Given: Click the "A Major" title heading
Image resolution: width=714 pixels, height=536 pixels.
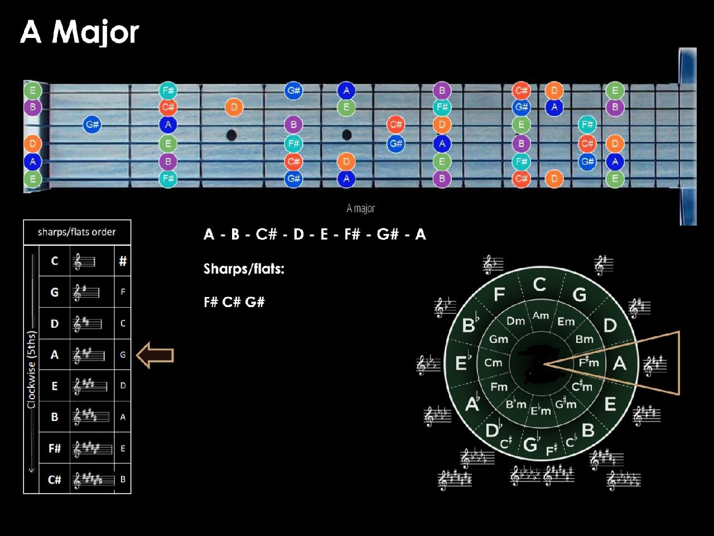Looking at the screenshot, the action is pyautogui.click(x=80, y=32).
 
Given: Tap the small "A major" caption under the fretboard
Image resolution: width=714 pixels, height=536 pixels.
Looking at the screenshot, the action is pyautogui.click(x=360, y=208).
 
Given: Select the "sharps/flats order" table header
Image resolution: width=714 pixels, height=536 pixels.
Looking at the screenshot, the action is pyautogui.click(x=77, y=232).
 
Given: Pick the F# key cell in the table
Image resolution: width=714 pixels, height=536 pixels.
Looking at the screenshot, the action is pyautogui.click(x=55, y=448).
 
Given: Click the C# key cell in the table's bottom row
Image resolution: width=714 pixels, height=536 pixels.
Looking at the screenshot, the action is pyautogui.click(x=54, y=480).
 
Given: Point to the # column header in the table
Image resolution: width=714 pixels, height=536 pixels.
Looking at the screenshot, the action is pyautogui.click(x=123, y=261).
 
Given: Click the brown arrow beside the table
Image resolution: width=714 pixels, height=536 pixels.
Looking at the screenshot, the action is pyautogui.click(x=155, y=355).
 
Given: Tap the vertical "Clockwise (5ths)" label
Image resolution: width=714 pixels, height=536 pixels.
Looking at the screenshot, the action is pyautogui.click(x=32, y=370).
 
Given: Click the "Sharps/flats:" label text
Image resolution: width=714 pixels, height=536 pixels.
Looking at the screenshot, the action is pyautogui.click(x=244, y=269).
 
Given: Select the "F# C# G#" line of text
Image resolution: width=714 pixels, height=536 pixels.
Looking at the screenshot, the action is pyautogui.click(x=234, y=302).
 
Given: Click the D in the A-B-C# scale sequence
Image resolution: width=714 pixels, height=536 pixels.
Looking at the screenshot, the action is pyautogui.click(x=298, y=234).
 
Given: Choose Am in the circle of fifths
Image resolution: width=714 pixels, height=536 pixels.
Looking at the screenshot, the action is pyautogui.click(x=541, y=315).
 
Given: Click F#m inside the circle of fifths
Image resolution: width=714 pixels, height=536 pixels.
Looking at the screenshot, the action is pyautogui.click(x=588, y=362).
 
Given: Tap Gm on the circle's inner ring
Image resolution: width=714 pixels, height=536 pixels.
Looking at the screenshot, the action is pyautogui.click(x=499, y=339).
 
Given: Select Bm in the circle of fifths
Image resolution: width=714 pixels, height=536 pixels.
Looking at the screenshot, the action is pyautogui.click(x=584, y=339).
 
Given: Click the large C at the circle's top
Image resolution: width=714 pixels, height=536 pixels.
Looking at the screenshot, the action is pyautogui.click(x=539, y=284).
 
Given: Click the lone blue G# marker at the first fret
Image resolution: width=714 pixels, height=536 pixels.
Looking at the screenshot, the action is pyautogui.click(x=92, y=125).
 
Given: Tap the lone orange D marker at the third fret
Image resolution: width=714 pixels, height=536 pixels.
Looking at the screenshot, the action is pyautogui.click(x=234, y=107).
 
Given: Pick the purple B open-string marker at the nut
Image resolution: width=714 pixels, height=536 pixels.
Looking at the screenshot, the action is pyautogui.click(x=32, y=107).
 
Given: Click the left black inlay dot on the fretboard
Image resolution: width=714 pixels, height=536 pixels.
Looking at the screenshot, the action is pyautogui.click(x=231, y=135).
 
